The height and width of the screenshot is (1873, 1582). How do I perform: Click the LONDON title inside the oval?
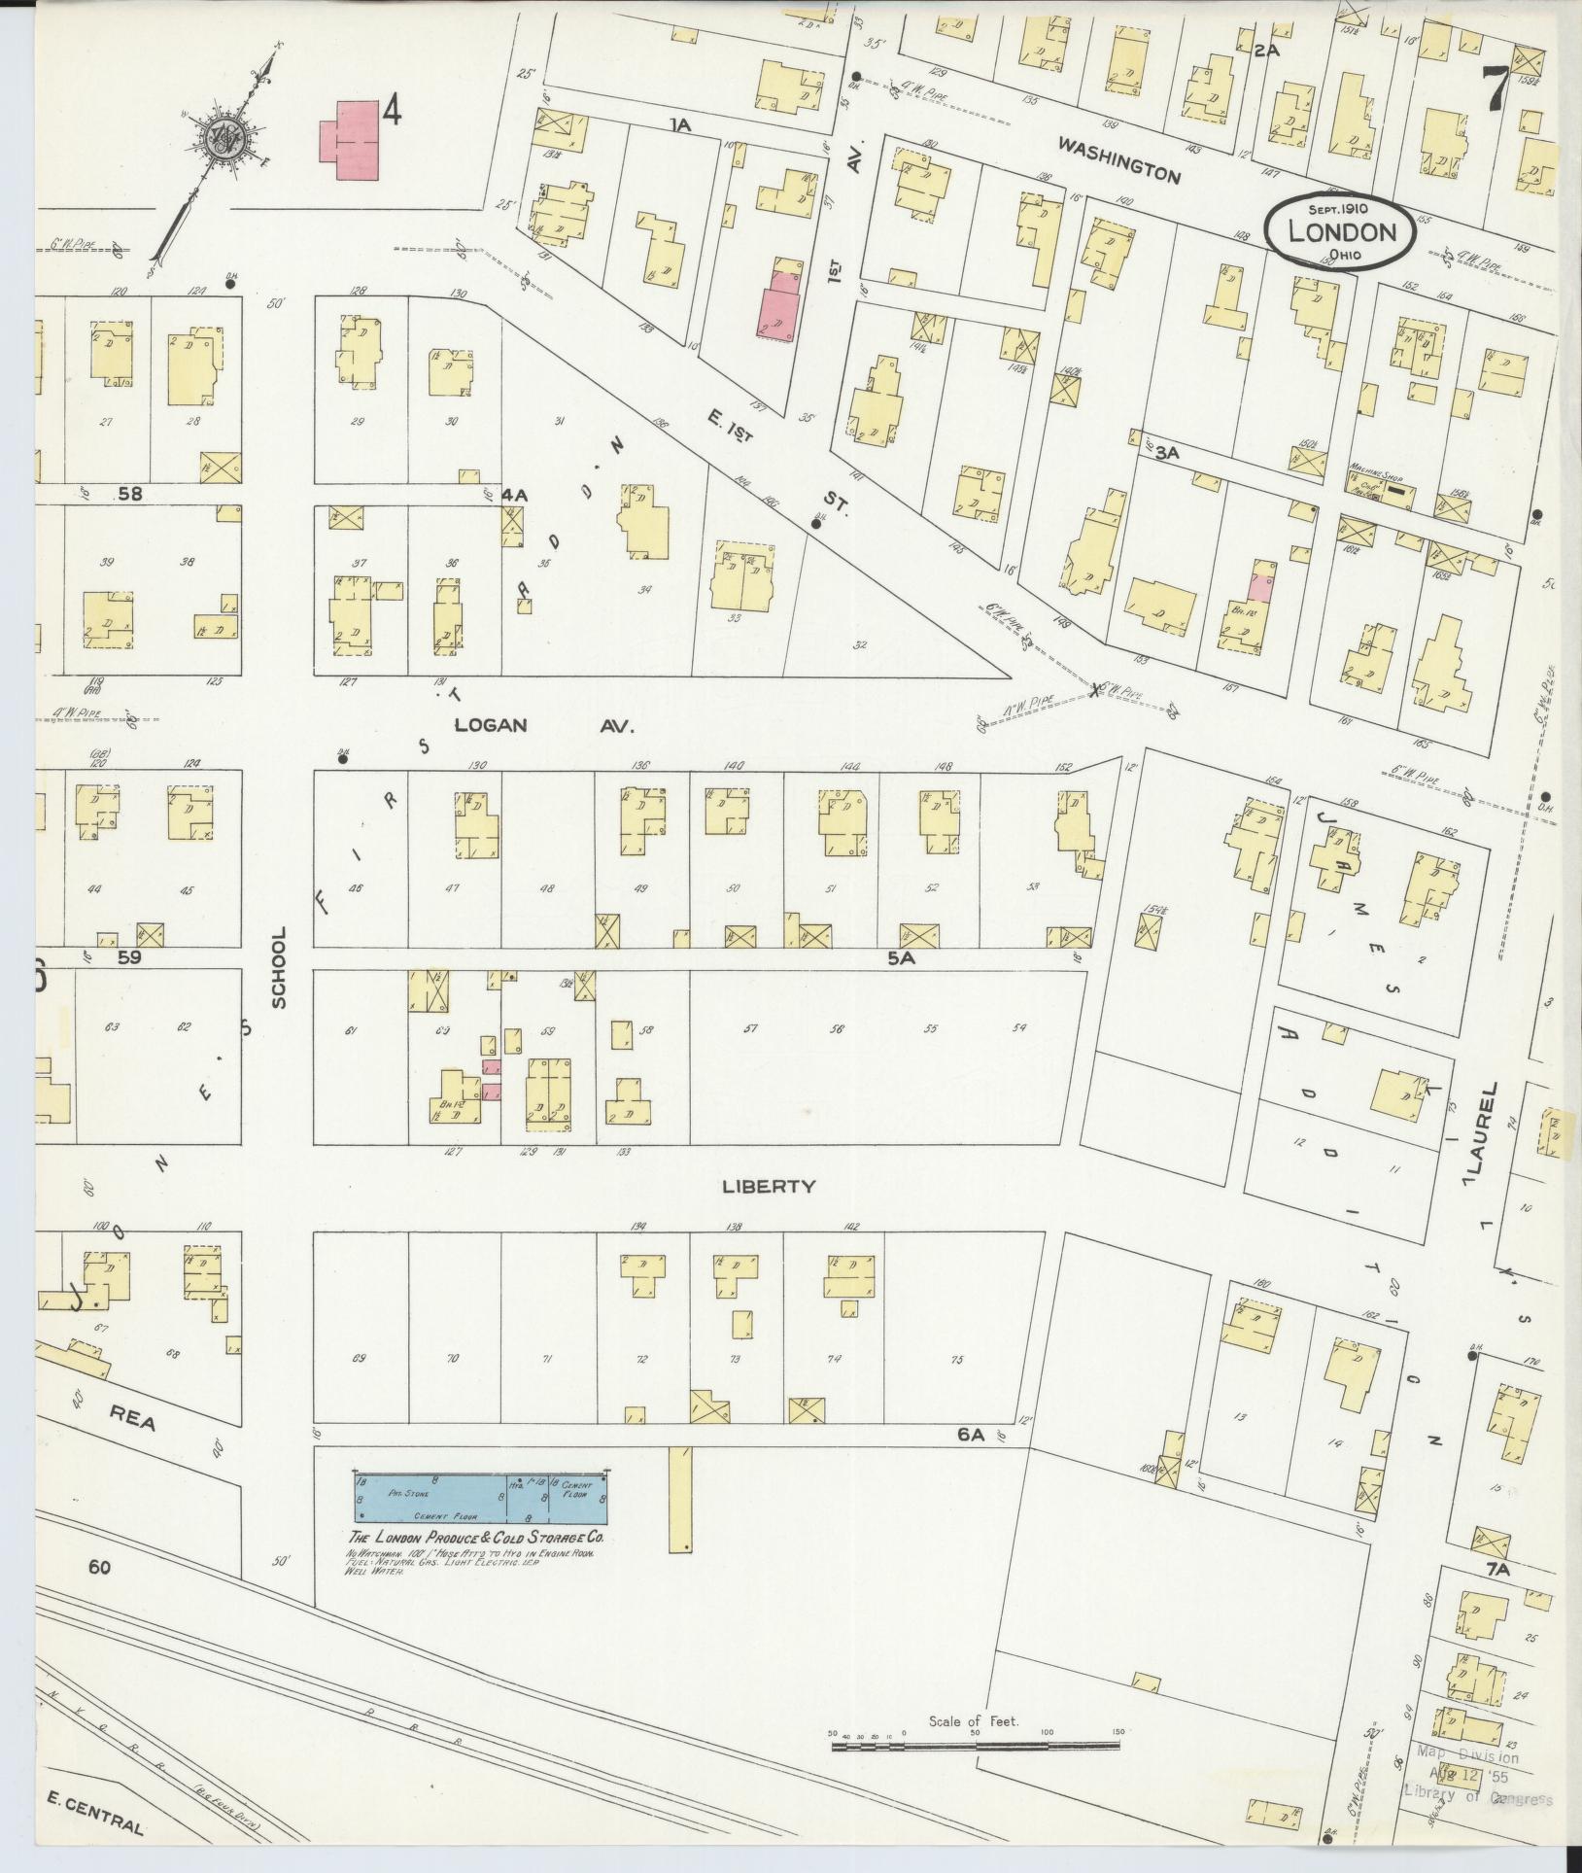pyautogui.click(x=1341, y=231)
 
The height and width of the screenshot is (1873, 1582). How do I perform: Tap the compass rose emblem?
pyautogui.click(x=226, y=135)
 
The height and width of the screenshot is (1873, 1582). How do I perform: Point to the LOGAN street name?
pyautogui.click(x=491, y=725)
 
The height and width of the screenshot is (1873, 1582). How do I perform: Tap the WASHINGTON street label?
pyautogui.click(x=1118, y=160)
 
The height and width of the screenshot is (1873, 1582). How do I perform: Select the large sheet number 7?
pyautogui.click(x=1496, y=90)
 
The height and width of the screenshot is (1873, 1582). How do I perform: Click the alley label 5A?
pyautogui.click(x=901, y=957)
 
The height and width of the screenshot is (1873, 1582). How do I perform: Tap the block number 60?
pyautogui.click(x=98, y=1566)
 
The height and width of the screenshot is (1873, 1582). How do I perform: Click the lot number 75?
pyautogui.click(x=956, y=1360)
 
